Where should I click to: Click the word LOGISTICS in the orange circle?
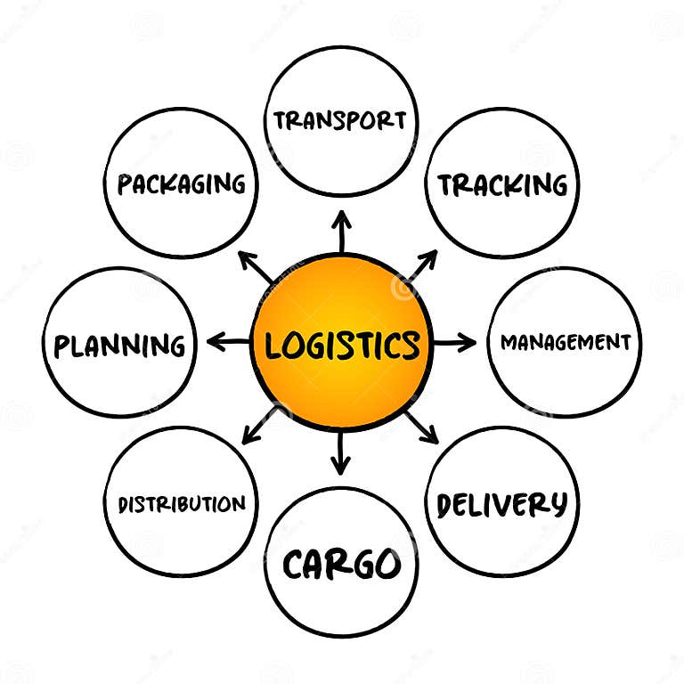coord(342,344)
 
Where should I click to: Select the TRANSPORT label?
coord(340,120)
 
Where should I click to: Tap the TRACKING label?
coord(501,184)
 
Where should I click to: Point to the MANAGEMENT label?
coord(565,342)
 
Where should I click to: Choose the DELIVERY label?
coord(501,504)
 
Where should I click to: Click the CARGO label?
coord(341,564)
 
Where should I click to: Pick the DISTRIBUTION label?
coord(182,504)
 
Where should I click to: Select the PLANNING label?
coord(119,345)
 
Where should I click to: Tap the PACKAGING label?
coord(182,184)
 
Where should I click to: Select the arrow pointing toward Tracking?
coord(422,264)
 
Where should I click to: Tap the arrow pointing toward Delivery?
coord(422,427)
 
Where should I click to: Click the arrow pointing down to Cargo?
coord(340,453)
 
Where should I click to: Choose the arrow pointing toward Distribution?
coord(259,426)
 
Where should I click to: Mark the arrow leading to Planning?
coord(228,341)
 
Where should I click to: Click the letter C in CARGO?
coord(297,565)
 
